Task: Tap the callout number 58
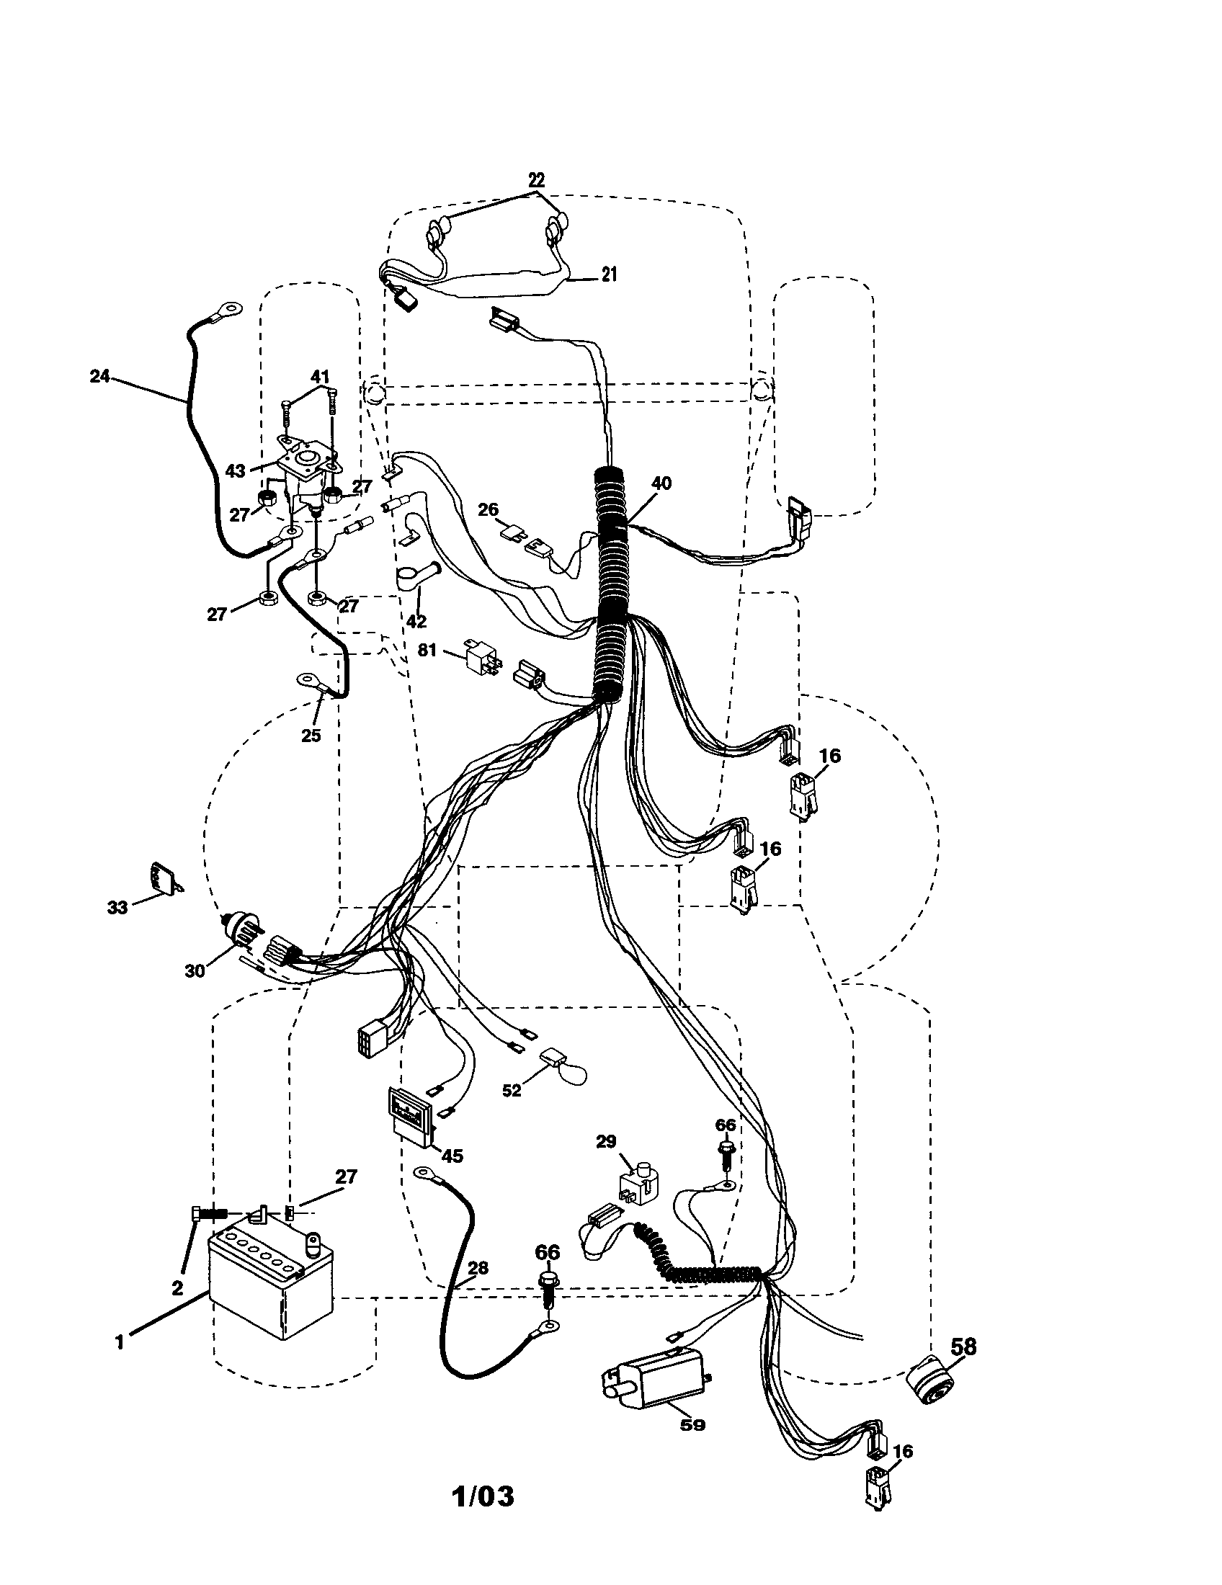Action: coord(962,1347)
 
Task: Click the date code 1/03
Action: coord(483,1496)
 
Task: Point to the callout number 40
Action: coord(661,483)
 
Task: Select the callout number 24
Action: coord(99,376)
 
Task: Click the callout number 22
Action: coord(535,179)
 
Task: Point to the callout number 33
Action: coord(117,907)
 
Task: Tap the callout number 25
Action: coord(311,735)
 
